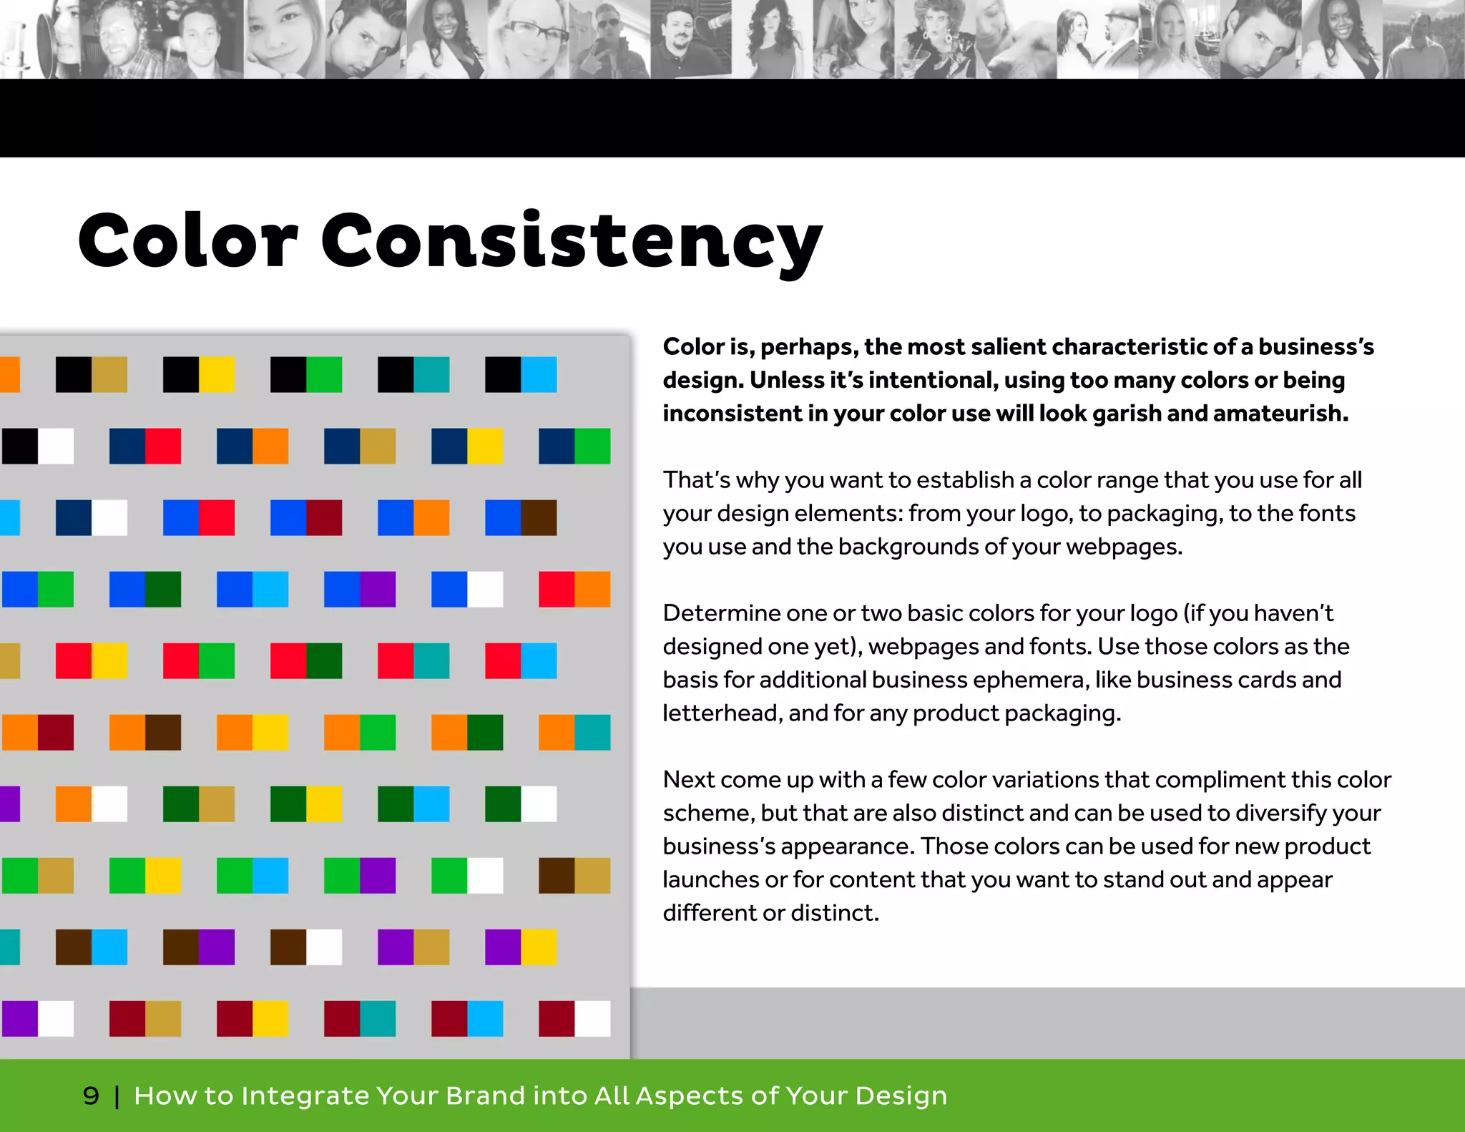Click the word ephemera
click(x=1027, y=680)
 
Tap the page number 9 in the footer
click(x=91, y=1096)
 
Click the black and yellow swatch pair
click(x=199, y=375)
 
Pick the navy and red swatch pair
click(x=145, y=447)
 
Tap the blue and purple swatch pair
click(x=360, y=590)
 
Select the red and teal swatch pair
click(x=413, y=661)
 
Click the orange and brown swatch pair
click(x=145, y=733)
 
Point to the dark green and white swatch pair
click(x=521, y=804)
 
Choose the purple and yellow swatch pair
click(x=521, y=947)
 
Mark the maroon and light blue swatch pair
click(x=467, y=1019)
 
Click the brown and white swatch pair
click(x=306, y=947)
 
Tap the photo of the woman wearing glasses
click(x=529, y=39)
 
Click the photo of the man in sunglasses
click(x=609, y=39)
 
